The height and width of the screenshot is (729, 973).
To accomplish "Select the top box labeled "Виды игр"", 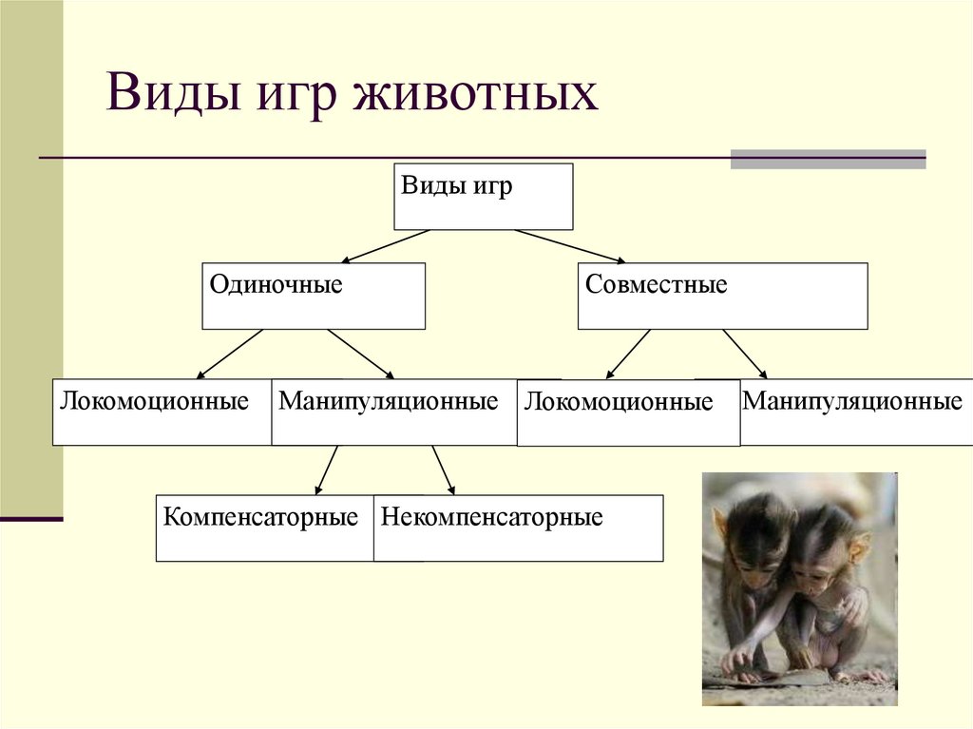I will (483, 197).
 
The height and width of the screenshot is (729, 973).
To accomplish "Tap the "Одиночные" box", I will (313, 297).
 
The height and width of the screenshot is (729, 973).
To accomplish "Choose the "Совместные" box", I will (722, 297).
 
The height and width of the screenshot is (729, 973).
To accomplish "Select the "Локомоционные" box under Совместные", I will (627, 412).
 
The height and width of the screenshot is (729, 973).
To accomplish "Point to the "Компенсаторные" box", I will (262, 528).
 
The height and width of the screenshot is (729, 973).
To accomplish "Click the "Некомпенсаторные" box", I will (518, 528).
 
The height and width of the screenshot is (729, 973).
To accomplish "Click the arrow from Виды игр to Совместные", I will (570, 246).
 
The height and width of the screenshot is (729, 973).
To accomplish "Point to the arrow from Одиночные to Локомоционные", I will (230, 354).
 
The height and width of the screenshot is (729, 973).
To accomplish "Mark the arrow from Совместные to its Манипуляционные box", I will (745, 354).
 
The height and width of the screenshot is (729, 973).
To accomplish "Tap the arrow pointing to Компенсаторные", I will (326, 470).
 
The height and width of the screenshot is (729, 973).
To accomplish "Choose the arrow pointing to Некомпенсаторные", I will (443, 470).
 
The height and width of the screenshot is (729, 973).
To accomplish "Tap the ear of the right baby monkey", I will (860, 549).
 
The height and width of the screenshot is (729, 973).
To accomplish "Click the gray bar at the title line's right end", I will (827, 159).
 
